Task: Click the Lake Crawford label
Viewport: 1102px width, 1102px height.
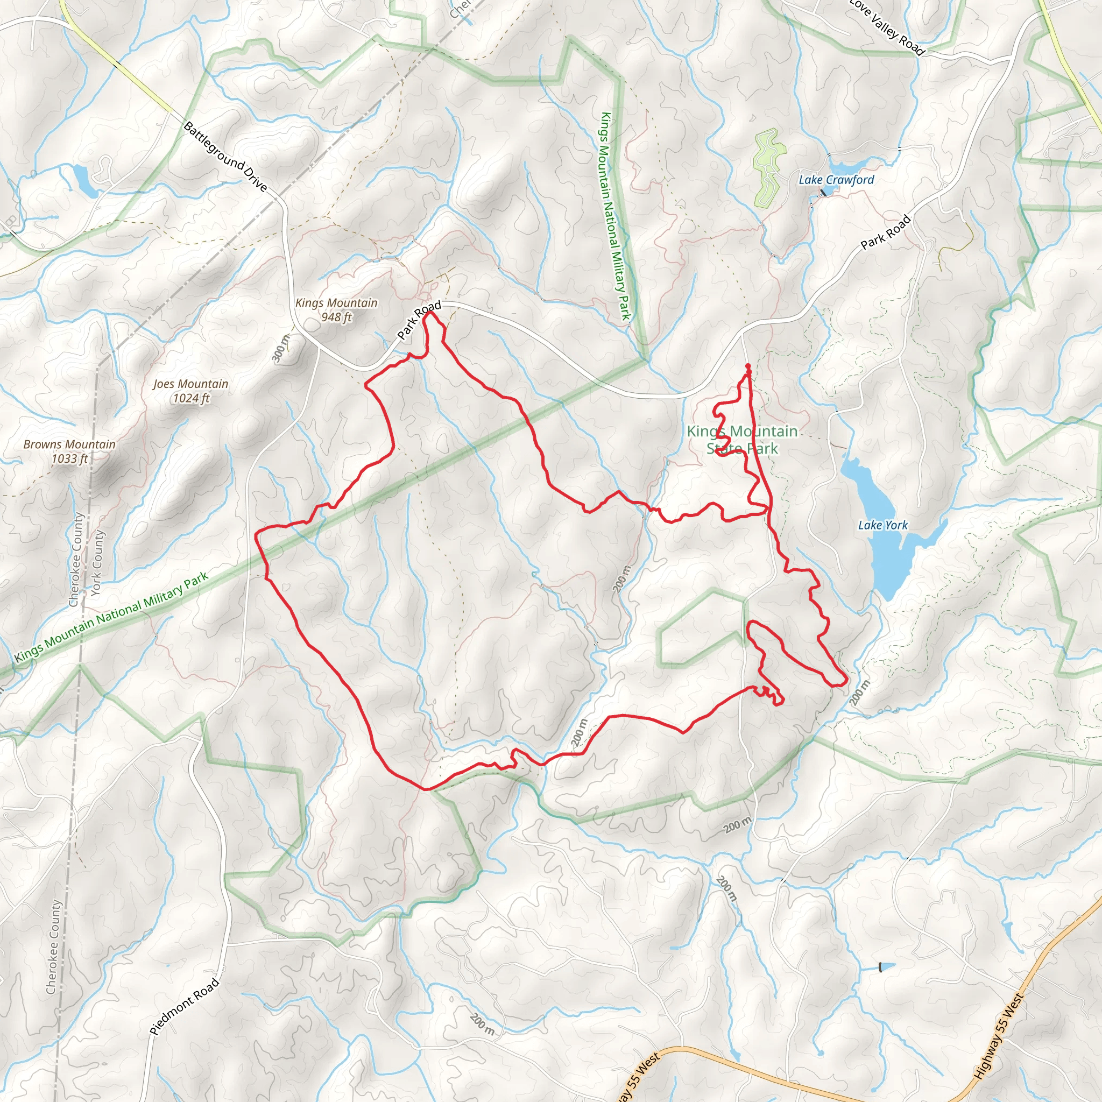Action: [836, 180]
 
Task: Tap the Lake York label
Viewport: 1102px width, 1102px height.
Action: [882, 525]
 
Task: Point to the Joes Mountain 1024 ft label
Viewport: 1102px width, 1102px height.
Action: [190, 391]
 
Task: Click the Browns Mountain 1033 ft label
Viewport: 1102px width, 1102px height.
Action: [69, 451]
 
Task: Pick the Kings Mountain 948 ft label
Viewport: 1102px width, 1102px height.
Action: [336, 310]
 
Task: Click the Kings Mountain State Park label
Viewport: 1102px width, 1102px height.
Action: [742, 440]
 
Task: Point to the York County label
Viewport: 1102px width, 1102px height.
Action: [97, 562]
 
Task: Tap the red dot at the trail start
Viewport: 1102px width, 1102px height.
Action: [748, 366]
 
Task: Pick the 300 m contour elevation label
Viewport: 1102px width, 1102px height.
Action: [281, 348]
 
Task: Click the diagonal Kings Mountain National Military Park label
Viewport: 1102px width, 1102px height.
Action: [111, 617]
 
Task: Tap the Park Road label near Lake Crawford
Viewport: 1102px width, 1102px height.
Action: [885, 232]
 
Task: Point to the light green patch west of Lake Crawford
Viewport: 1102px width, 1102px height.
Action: [769, 168]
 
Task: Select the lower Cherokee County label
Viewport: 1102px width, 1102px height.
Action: [54, 947]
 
